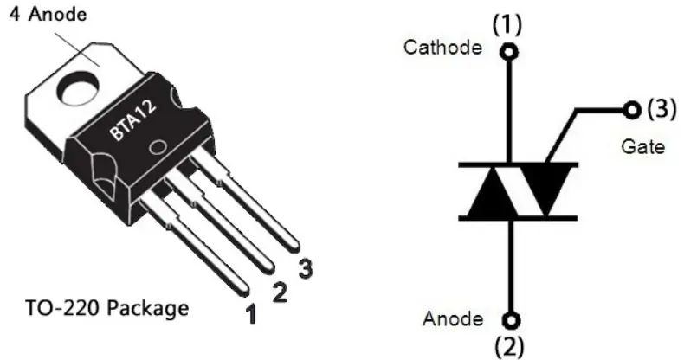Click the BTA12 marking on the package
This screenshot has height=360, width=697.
pos(133,119)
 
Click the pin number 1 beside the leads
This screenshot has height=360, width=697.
pos(251,313)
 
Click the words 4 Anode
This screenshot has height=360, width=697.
pos(48,14)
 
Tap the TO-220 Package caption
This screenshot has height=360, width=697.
pos(107,308)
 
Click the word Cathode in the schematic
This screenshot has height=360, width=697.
pos(442,47)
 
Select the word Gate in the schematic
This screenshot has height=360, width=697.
pos(642,146)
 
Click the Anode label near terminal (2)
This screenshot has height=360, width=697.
pos(453,318)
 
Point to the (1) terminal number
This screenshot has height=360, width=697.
pos(507,25)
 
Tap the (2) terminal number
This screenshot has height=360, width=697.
pos(509,347)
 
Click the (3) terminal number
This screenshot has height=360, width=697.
pos(661,109)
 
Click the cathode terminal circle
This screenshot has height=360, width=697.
pos(508,52)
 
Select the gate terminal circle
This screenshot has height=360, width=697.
pos(632,109)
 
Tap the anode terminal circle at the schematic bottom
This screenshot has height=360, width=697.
pos(511,320)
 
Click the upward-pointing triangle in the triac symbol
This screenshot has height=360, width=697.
pos(492,198)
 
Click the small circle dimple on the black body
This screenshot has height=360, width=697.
pos(157,148)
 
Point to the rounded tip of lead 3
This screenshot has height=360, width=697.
pos(294,247)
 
